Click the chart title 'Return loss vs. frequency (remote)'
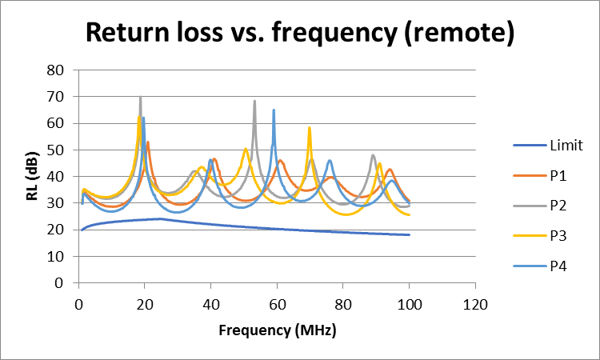pos(300,33)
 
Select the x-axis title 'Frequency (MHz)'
pos(277,330)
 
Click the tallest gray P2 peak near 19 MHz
pos(141,98)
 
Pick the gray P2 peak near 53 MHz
pos(254,102)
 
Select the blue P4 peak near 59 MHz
pos(274,110)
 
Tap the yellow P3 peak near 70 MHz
pos(310,128)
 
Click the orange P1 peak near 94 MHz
pos(390,170)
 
